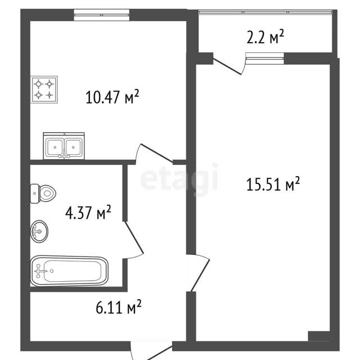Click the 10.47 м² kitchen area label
(112, 97)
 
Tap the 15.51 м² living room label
(273, 184)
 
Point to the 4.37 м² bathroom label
(88, 213)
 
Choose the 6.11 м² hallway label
(119, 307)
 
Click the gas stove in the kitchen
(44, 89)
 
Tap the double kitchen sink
(64, 146)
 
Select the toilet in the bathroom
(43, 193)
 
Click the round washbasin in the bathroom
(39, 231)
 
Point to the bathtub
(69, 271)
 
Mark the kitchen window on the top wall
(101, 15)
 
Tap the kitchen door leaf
(156, 153)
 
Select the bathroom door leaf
(134, 237)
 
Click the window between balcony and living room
(265, 58)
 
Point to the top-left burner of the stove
(38, 84)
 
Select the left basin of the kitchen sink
(55, 147)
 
